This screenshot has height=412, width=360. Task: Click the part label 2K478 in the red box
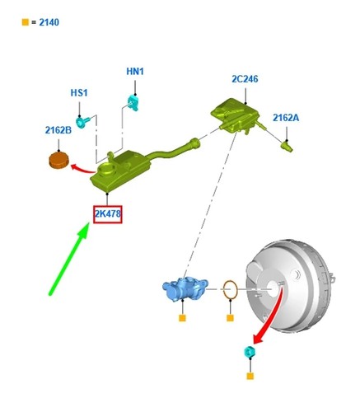pyautogui.click(x=108, y=213)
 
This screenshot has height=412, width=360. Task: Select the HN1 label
pyautogui.click(x=135, y=72)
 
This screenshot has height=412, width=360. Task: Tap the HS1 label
pyautogui.click(x=79, y=92)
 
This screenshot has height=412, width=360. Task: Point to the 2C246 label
pyautogui.click(x=245, y=79)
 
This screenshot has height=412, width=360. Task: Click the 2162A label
pyautogui.click(x=286, y=118)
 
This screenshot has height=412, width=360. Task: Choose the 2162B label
pyautogui.click(x=58, y=130)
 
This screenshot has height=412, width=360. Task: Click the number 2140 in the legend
pyautogui.click(x=49, y=22)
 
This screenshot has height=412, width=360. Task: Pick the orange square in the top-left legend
pyautogui.click(x=26, y=22)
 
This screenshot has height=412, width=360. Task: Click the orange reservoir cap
pyautogui.click(x=58, y=160)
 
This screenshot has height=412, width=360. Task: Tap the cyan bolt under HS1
pyautogui.click(x=82, y=121)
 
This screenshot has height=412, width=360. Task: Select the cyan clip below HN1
pyautogui.click(x=133, y=102)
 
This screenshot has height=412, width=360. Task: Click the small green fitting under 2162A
pyautogui.click(x=287, y=146)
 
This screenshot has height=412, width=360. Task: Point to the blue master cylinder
pyautogui.click(x=185, y=288)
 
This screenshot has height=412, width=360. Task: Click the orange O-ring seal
pyautogui.click(x=230, y=289)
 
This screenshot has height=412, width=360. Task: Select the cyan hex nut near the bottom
pyautogui.click(x=250, y=351)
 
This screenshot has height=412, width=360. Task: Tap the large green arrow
pyautogui.click(x=69, y=260)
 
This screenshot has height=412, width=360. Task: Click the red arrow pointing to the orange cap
pyautogui.click(x=83, y=168)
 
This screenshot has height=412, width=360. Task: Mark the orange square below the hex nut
pyautogui.click(x=250, y=376)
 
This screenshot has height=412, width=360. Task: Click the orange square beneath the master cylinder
pyautogui.click(x=182, y=318)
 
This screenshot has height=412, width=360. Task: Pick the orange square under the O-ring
pyautogui.click(x=230, y=318)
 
